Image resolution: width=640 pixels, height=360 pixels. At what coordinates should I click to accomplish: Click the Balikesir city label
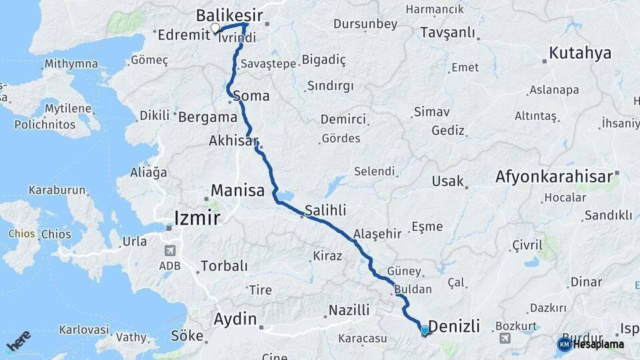(230, 15)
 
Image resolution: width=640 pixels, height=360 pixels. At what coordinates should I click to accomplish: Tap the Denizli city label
(454, 326)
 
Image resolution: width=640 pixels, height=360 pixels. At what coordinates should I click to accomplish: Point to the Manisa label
(237, 191)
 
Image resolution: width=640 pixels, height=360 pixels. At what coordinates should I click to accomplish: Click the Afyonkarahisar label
(554, 177)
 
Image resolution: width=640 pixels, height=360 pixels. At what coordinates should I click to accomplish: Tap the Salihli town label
(325, 211)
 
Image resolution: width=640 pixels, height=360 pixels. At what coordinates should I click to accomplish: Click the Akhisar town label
(233, 141)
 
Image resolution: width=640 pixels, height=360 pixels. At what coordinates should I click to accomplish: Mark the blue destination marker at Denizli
(425, 329)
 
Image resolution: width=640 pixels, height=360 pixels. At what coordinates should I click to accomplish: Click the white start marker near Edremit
(215, 28)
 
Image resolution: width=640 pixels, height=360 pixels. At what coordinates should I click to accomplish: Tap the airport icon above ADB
(169, 251)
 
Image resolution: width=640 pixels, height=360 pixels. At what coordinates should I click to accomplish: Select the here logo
(18, 341)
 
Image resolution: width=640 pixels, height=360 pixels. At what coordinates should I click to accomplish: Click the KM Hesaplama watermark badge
(591, 344)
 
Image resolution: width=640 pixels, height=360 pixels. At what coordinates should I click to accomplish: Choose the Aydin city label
(235, 319)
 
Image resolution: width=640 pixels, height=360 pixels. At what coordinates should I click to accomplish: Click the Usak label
(447, 181)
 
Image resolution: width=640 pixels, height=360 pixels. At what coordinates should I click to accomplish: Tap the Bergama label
(208, 117)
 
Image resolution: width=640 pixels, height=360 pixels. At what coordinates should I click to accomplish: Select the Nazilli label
(349, 310)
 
